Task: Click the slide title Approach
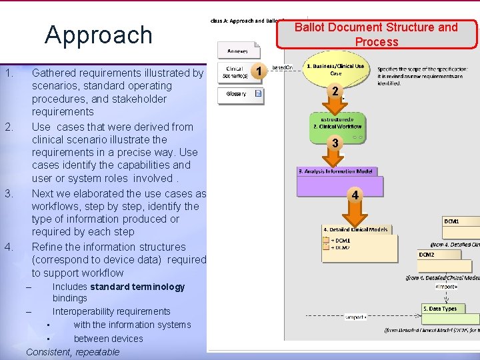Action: [x=99, y=35]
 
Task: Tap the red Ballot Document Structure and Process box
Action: [x=377, y=35]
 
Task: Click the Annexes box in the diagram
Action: [x=237, y=51]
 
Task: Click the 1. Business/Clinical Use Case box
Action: [x=335, y=70]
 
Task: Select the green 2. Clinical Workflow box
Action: [x=337, y=123]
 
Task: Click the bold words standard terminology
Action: [x=137, y=287]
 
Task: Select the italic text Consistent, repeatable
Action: [x=73, y=352]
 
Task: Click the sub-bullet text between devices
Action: [x=108, y=339]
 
